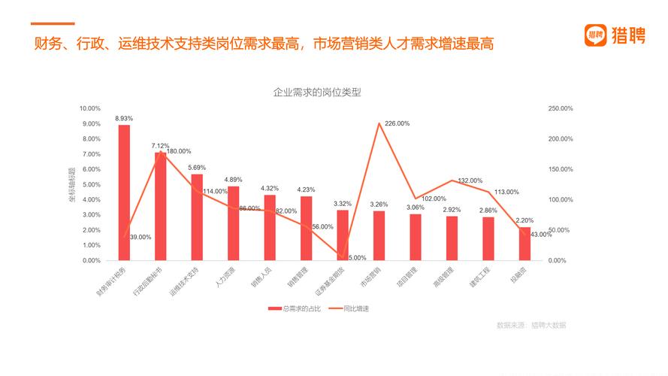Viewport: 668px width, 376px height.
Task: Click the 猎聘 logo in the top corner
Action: coord(615,35)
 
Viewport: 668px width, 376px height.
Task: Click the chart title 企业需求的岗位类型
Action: coord(317,92)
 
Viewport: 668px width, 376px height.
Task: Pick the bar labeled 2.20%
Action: coord(525,244)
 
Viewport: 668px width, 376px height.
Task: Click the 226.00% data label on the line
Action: coord(397,123)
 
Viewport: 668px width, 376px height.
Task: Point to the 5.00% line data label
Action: coord(357,257)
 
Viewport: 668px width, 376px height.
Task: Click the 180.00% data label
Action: coord(178,151)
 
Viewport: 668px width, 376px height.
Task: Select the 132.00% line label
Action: coord(470,180)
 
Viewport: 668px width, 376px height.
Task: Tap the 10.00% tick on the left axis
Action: coord(90,108)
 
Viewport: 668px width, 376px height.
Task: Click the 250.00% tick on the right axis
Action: coord(561,108)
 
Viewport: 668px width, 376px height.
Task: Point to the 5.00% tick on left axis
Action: coord(92,184)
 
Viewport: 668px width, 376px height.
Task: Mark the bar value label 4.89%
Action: coord(233,179)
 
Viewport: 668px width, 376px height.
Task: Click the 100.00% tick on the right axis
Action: coord(561,199)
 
